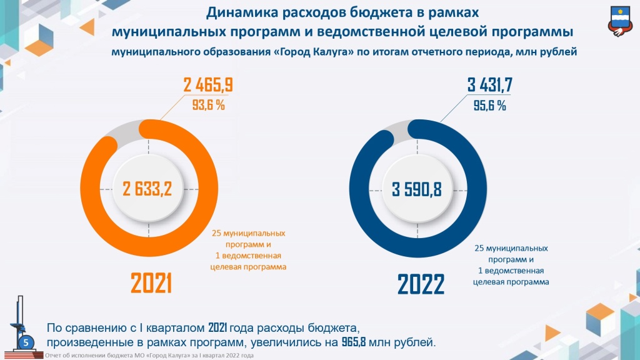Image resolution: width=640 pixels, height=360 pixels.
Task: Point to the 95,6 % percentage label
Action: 489,106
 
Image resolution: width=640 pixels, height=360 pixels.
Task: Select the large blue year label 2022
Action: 421,285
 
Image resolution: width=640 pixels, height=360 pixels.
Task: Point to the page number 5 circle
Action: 26,342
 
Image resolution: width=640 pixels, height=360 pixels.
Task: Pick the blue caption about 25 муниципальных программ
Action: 511,265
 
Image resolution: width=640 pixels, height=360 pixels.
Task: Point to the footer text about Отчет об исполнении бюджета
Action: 149,356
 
